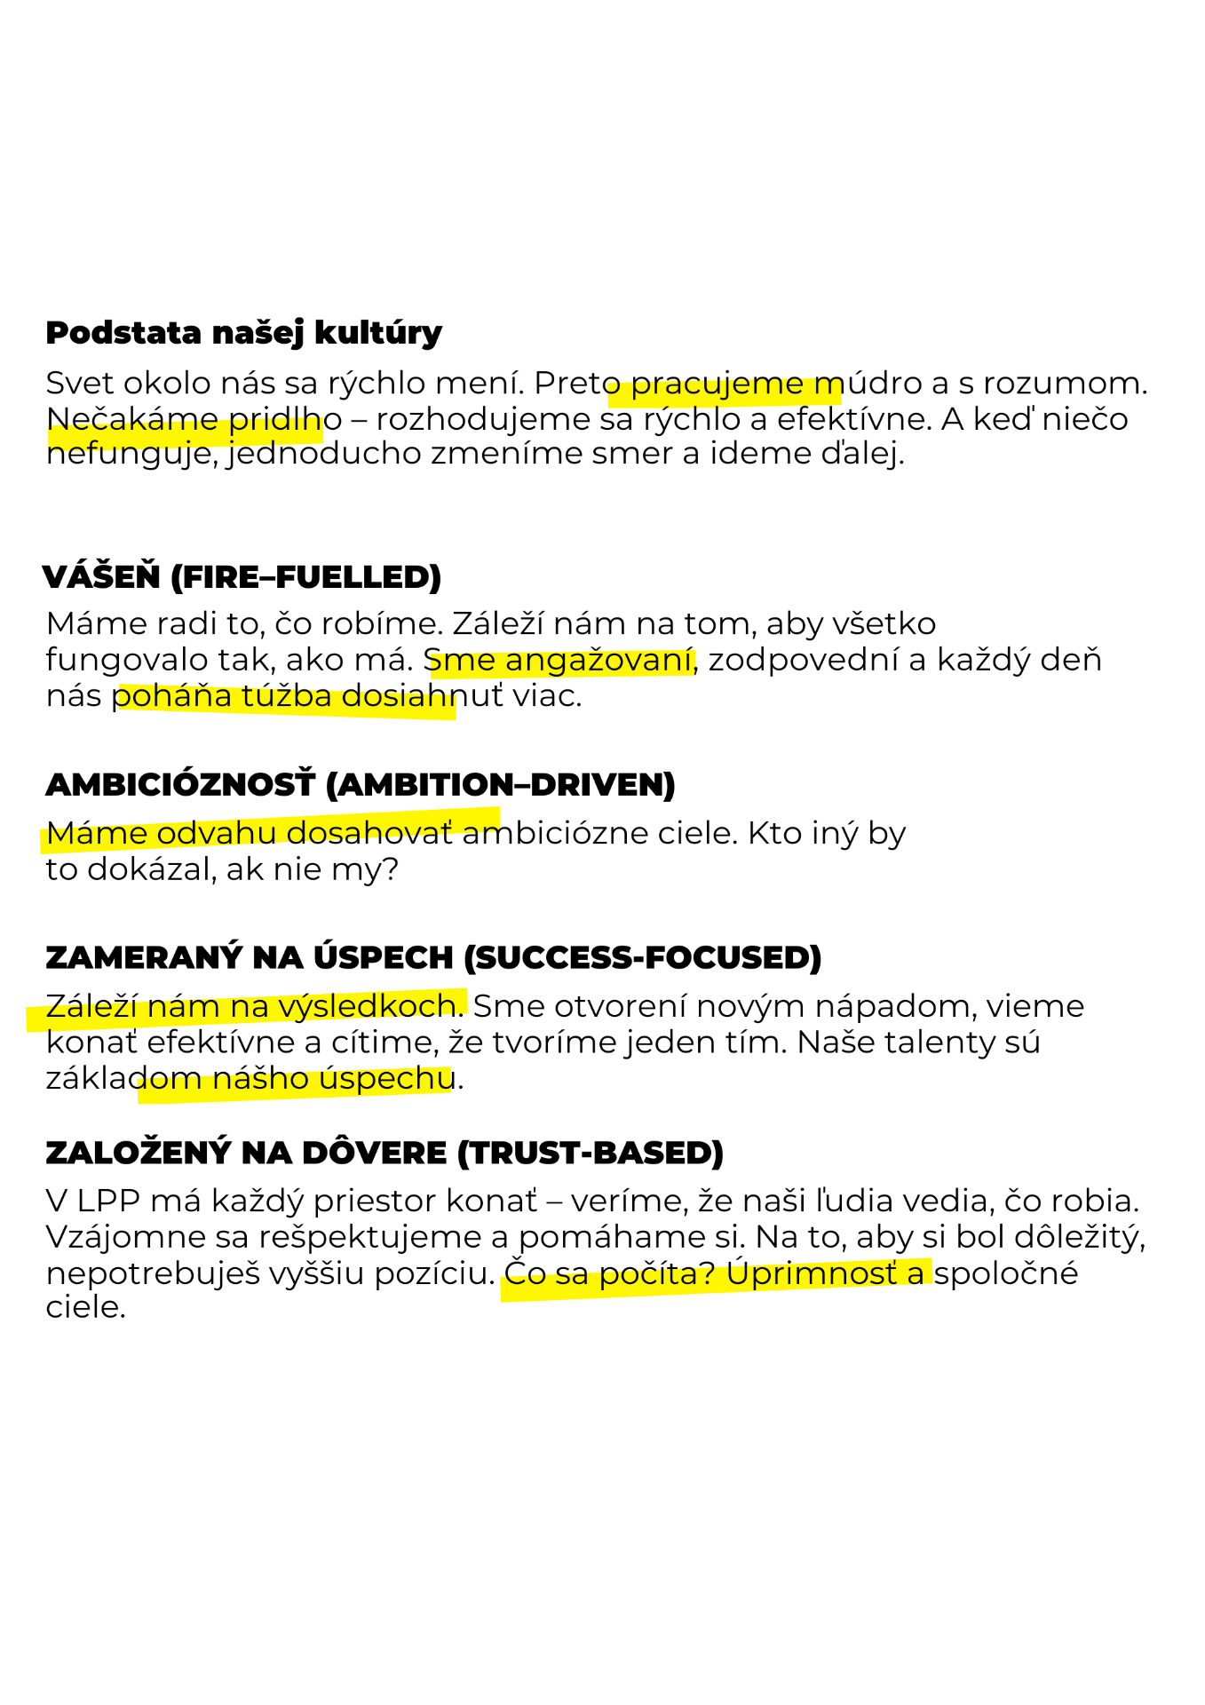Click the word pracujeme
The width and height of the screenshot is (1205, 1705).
tap(717, 386)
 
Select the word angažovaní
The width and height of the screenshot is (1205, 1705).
tap(599, 662)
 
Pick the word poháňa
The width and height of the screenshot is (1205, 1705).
tap(174, 697)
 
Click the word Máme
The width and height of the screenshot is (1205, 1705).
tap(97, 835)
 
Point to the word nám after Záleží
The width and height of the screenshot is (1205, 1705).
tap(183, 1008)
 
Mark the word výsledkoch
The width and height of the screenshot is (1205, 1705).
tap(367, 1006)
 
